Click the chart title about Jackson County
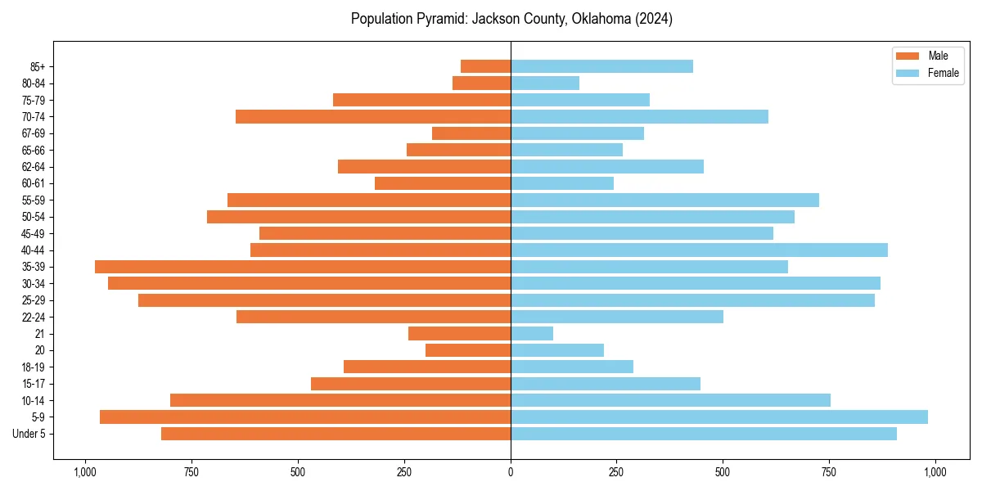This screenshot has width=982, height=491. click(x=511, y=19)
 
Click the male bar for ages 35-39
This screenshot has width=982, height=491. click(x=303, y=267)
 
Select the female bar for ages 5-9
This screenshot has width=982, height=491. click(x=718, y=417)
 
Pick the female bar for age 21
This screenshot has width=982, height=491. click(x=532, y=333)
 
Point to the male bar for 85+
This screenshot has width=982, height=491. click(x=486, y=66)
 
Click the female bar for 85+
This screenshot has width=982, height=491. click(x=601, y=66)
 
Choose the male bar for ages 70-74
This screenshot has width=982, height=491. click(x=373, y=116)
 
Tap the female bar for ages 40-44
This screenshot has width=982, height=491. click(x=699, y=250)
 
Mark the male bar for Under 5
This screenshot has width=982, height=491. click(x=336, y=434)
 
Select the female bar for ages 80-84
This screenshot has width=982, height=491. click(x=545, y=83)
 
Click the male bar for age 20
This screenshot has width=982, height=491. click(x=468, y=350)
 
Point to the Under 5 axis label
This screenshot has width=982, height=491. click(x=29, y=434)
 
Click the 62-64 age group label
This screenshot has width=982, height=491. click(x=33, y=167)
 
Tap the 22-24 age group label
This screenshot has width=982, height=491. click(x=33, y=317)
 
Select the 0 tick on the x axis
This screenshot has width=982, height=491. click(x=511, y=472)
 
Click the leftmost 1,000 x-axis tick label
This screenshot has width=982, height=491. click(x=85, y=472)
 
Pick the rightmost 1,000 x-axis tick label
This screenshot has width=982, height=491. click(x=935, y=472)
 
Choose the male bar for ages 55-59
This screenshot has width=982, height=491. click(x=369, y=200)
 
